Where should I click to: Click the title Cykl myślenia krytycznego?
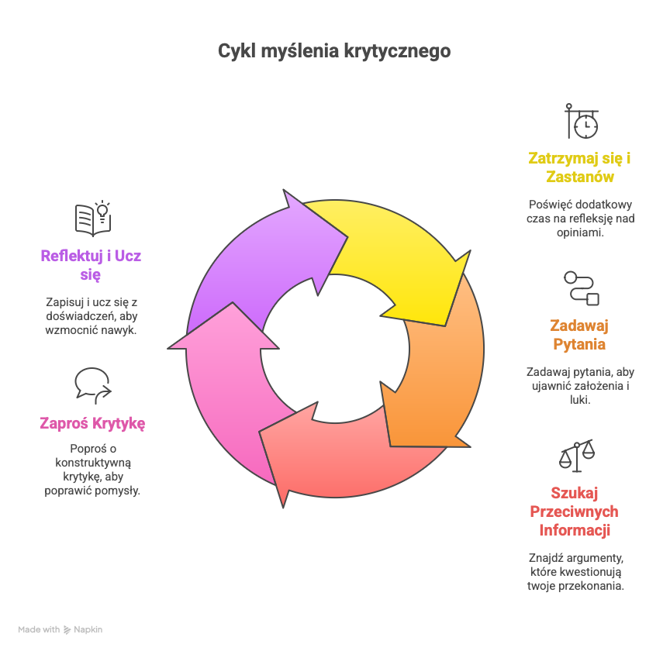[334, 51]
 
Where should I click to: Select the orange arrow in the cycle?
[438, 364]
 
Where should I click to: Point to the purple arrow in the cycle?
[256, 256]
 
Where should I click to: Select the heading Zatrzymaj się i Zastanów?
[578, 167]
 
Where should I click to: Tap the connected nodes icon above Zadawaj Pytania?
[582, 288]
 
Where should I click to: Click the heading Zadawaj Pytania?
[578, 334]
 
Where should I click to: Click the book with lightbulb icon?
[93, 218]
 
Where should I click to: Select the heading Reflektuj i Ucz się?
[92, 264]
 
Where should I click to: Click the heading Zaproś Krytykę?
[92, 423]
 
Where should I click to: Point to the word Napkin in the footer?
[88, 629]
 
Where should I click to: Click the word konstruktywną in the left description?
[92, 463]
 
